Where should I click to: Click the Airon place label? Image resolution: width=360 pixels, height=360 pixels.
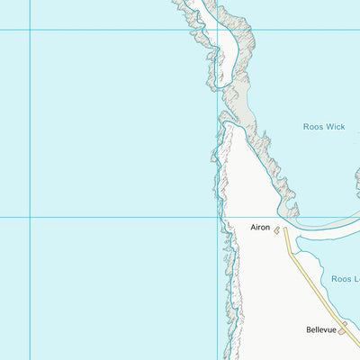click(260, 228)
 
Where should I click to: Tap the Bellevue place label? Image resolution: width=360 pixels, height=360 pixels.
click(320, 330)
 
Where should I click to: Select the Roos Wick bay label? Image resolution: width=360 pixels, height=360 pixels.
click(323, 127)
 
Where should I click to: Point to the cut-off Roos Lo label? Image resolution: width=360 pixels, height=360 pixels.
click(345, 279)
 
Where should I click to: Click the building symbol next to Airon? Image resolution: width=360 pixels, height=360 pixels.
click(277, 230)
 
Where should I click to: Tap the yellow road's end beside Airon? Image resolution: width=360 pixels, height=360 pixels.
click(286, 229)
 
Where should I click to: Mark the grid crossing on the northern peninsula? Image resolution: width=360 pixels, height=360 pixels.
click(217, 30)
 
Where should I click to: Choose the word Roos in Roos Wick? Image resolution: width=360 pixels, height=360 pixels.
click(311, 127)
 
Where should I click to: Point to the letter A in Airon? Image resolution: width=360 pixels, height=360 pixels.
click(254, 228)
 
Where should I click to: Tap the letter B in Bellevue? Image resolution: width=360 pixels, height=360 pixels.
click(307, 330)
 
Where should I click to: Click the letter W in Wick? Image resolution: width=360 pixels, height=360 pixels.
click(328, 127)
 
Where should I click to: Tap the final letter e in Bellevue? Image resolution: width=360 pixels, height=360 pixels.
click(334, 330)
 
